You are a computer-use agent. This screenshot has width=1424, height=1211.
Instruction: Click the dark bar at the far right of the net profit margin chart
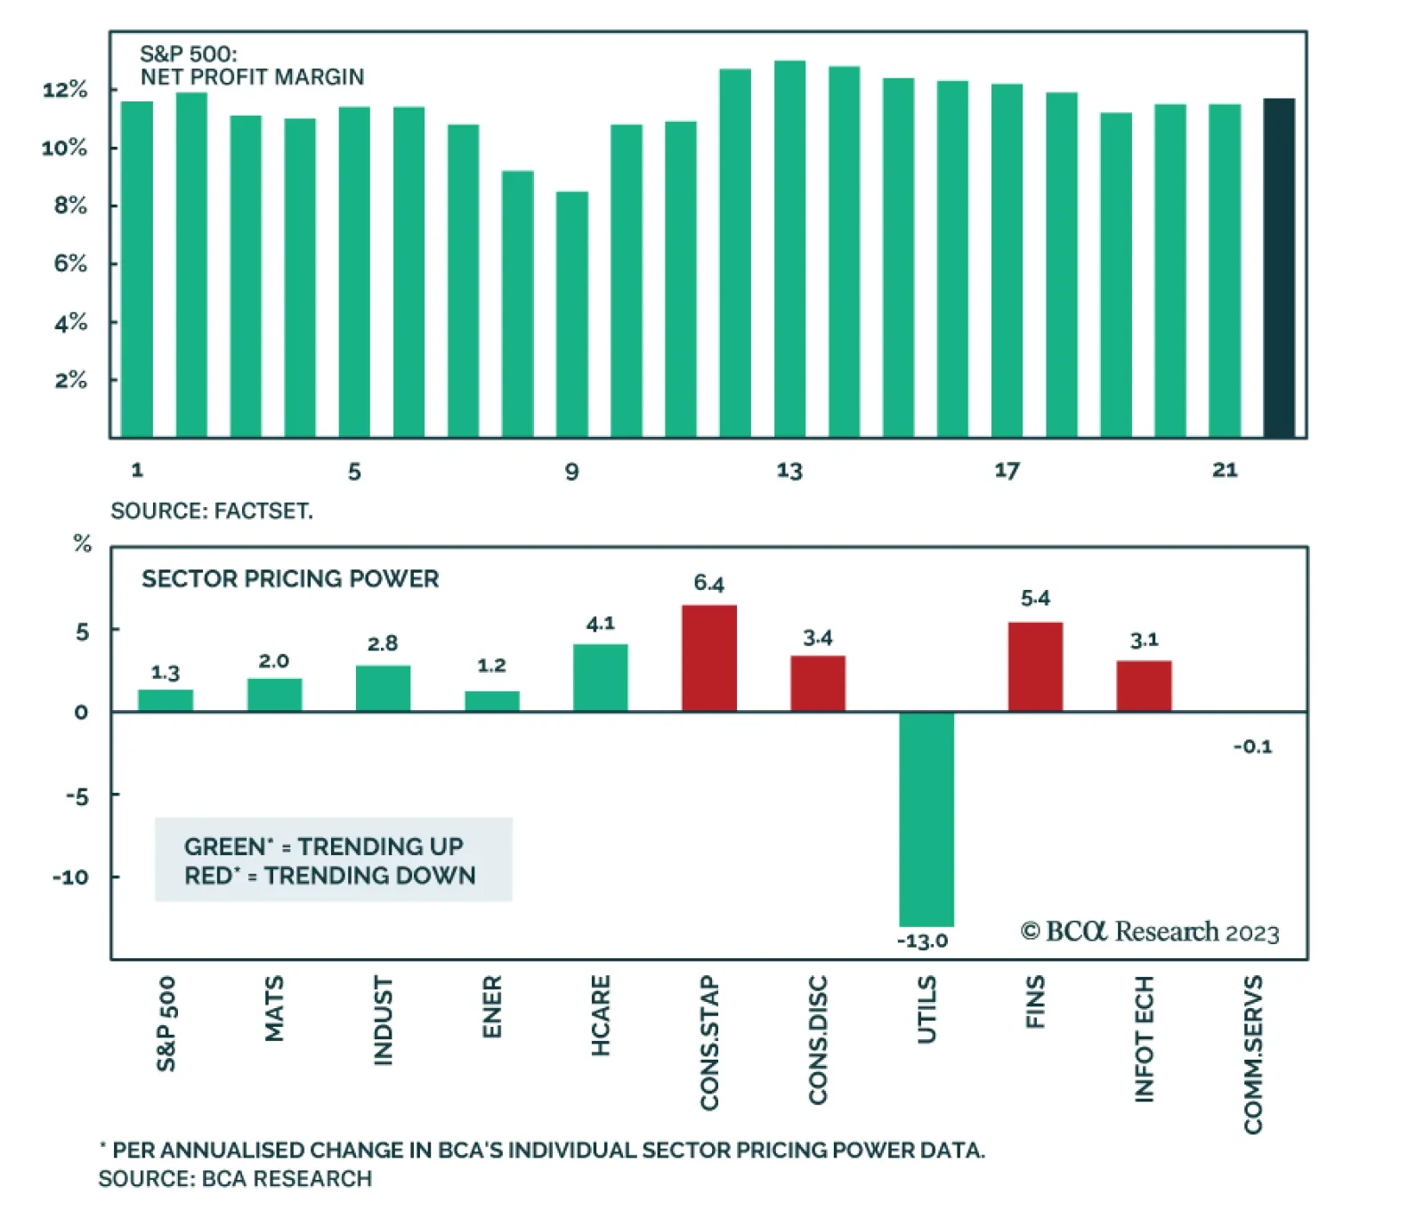[x=1279, y=268]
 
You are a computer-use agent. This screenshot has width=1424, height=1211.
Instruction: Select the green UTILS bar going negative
[x=926, y=819]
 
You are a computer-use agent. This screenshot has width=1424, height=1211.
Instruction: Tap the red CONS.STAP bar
[x=709, y=658]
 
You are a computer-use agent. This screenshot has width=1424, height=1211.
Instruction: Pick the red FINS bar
[x=1035, y=666]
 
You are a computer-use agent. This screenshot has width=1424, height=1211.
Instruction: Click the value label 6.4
[x=709, y=584]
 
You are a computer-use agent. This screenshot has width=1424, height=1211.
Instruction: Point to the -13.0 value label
[x=923, y=941]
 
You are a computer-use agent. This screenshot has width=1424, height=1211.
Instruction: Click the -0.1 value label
[x=1253, y=747]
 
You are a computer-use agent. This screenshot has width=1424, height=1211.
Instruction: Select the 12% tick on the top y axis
[x=65, y=90]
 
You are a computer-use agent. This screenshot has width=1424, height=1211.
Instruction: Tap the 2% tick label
[x=70, y=381]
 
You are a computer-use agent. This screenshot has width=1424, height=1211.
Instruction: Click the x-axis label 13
[x=789, y=471]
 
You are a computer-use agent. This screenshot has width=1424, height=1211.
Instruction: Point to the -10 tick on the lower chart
[x=70, y=877]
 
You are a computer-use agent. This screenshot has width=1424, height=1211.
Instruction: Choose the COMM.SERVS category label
[x=1253, y=1054]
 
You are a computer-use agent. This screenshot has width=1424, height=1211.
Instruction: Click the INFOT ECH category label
[x=1145, y=1039]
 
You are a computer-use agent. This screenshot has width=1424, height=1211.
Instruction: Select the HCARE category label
[x=601, y=1016]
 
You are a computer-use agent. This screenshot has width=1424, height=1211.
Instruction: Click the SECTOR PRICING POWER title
[x=290, y=579]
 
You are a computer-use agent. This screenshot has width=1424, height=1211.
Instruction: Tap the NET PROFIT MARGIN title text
[x=253, y=77]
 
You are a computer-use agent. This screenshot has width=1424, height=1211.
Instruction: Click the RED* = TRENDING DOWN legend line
[x=330, y=876]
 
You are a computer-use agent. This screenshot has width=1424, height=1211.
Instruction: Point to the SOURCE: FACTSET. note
[x=212, y=512]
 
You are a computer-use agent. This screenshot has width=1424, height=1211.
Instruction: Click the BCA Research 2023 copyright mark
[x=1150, y=932]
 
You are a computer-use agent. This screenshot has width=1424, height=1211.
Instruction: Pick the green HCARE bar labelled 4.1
[x=601, y=678]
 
